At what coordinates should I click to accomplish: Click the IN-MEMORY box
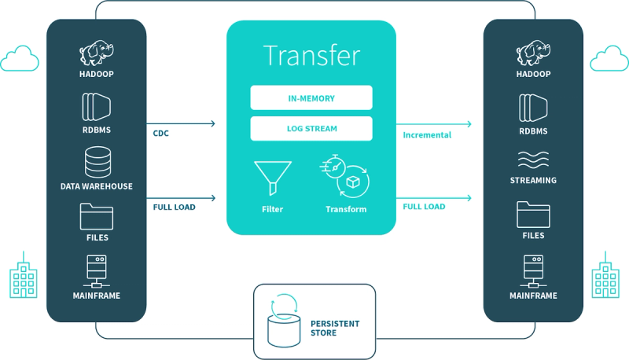coord(311,97)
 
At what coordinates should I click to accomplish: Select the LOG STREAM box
coord(311,128)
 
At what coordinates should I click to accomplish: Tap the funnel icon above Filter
coord(273,178)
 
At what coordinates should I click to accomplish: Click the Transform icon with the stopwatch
coord(344,176)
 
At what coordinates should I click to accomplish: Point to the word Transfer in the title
coord(311,55)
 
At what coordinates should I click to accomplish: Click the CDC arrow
coord(181,123)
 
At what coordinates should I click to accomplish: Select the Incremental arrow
coord(434,124)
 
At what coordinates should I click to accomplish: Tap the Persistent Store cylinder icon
coord(284,321)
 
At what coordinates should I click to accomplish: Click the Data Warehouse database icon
coord(97,162)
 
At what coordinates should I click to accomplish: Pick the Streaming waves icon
coord(533,160)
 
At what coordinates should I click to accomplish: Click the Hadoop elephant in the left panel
coord(97,53)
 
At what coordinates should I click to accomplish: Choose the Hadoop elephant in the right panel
coord(534,53)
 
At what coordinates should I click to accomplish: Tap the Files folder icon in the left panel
coord(97,216)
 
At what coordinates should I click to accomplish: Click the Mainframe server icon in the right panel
coord(534,271)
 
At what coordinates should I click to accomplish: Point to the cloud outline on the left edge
coord(20,58)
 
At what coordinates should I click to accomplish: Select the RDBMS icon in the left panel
coord(96,107)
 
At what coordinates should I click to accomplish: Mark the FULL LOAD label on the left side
coord(174,207)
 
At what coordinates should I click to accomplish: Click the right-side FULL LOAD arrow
coord(434,197)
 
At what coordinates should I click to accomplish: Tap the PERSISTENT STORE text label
coord(335,328)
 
